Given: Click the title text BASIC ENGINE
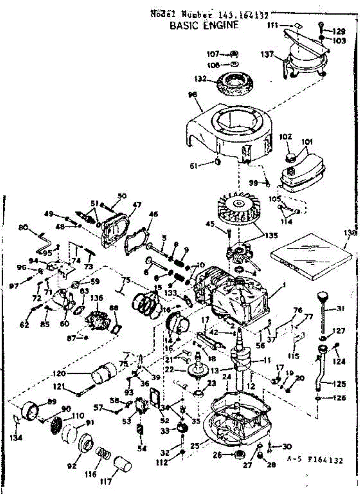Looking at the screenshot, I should (x=204, y=26).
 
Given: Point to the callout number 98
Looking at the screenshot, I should (x=192, y=95).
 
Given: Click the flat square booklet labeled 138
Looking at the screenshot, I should (x=311, y=252).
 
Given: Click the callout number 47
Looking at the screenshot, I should (x=136, y=204).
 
